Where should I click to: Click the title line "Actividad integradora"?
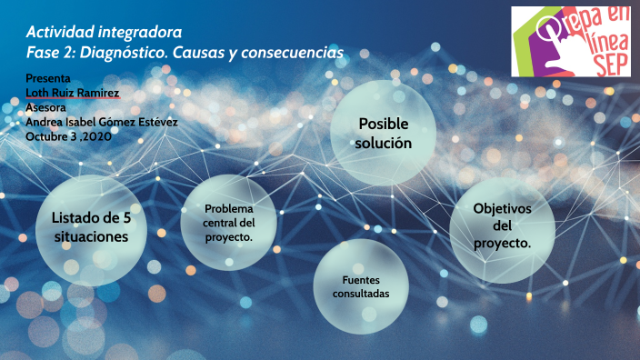coord(104,35)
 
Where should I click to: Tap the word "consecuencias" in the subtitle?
coord(290,55)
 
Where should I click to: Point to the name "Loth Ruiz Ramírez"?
coord(73,94)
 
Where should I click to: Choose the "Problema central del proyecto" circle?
coord(229,223)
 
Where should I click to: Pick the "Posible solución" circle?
coord(384,134)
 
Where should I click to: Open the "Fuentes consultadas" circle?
coord(361,287)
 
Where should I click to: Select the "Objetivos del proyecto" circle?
coord(502,226)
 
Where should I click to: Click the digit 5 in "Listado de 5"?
coord(127,218)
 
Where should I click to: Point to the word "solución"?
coord(384,144)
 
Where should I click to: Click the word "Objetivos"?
coord(502,209)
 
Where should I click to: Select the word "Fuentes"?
coord(361,280)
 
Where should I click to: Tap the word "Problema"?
coord(229,209)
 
